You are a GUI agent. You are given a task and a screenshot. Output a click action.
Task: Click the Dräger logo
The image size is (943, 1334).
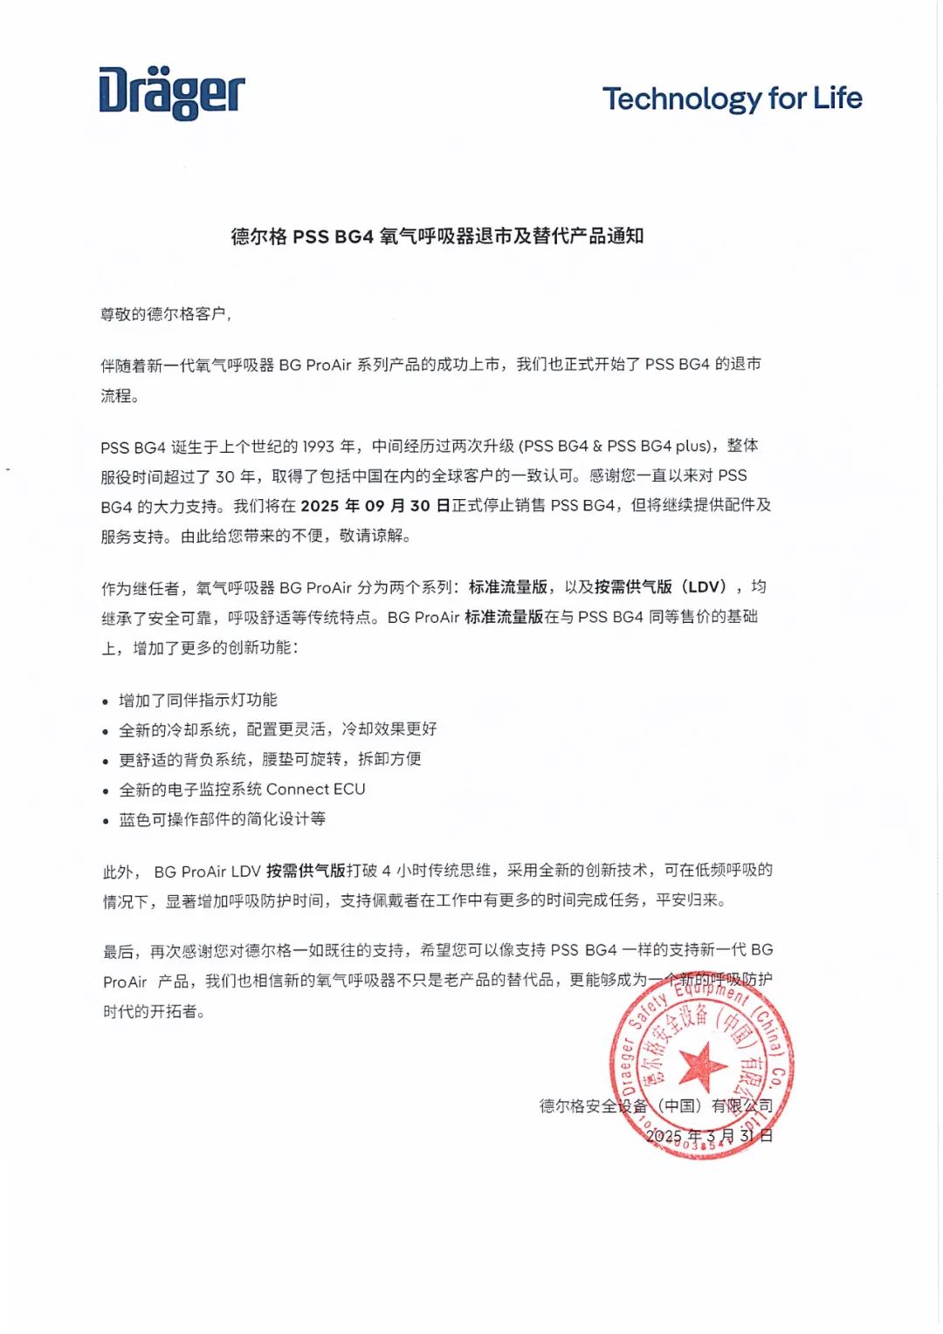click(171, 92)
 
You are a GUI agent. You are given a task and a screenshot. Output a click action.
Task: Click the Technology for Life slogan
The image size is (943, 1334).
click(732, 99)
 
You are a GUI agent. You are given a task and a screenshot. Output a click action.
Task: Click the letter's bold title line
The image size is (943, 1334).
click(437, 236)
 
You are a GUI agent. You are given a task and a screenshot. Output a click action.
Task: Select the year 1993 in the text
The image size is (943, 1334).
click(318, 447)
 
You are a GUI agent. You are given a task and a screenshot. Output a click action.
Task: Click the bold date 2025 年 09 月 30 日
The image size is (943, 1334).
click(375, 506)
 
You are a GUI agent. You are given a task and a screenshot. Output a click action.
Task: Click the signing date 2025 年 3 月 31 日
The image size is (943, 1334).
click(709, 1136)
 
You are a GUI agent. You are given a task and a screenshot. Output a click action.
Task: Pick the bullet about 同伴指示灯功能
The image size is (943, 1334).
click(198, 700)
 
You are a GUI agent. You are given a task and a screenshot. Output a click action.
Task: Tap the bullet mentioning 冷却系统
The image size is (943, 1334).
click(278, 729)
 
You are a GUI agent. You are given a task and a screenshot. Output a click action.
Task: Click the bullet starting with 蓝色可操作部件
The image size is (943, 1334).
click(222, 819)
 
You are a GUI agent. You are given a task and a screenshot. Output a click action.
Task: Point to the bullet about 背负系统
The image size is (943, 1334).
click(270, 759)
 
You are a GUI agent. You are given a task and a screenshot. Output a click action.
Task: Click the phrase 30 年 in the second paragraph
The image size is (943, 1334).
click(236, 476)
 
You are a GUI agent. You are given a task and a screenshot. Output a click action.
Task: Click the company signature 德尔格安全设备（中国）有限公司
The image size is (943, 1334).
click(656, 1106)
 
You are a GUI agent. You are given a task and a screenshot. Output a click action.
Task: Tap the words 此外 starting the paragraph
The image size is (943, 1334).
click(119, 872)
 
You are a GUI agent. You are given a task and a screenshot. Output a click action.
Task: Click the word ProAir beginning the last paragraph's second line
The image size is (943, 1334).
click(125, 982)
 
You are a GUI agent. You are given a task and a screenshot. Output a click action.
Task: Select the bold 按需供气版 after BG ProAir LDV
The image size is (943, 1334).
click(306, 871)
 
